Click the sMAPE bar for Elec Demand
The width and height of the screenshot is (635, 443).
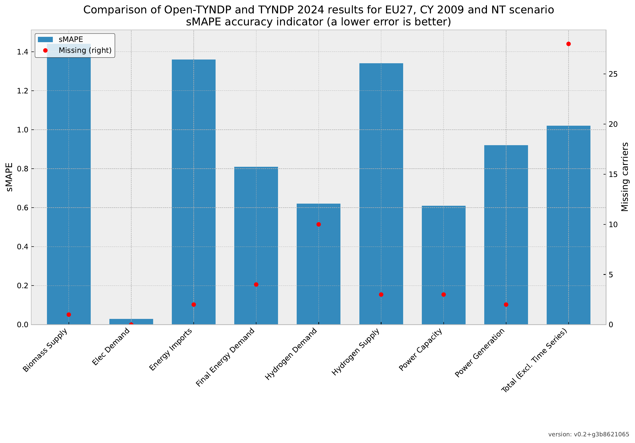131,322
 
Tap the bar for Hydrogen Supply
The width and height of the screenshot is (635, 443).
381,194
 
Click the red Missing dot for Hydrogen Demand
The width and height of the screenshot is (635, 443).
319,224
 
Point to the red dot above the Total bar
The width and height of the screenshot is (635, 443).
569,44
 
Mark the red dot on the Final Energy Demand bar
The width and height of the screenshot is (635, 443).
256,284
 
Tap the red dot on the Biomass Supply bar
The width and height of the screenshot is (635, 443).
69,315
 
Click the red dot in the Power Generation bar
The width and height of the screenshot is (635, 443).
506,305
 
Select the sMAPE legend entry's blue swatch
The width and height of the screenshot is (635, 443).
45,39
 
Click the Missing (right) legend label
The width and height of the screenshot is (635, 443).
85,50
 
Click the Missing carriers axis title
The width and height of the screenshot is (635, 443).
625,177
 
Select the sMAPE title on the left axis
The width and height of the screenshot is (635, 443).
9,177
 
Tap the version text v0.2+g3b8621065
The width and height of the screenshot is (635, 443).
589,434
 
